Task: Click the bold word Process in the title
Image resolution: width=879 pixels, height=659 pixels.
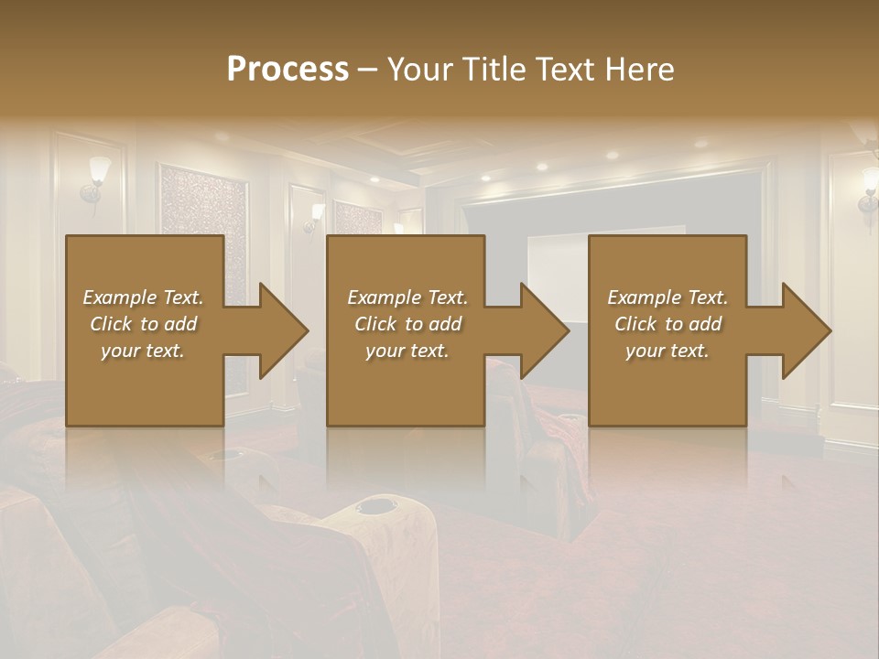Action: coord(288,70)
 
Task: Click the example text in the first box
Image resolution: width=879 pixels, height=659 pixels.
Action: coord(143,324)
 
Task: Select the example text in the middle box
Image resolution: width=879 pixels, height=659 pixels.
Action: coord(407,324)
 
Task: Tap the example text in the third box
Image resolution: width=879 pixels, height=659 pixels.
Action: coord(667,324)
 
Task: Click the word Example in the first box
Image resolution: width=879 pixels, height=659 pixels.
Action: coord(119,297)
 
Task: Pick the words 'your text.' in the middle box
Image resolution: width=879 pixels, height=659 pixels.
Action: coord(407,351)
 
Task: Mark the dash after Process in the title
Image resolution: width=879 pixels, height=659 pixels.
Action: coord(368,70)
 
